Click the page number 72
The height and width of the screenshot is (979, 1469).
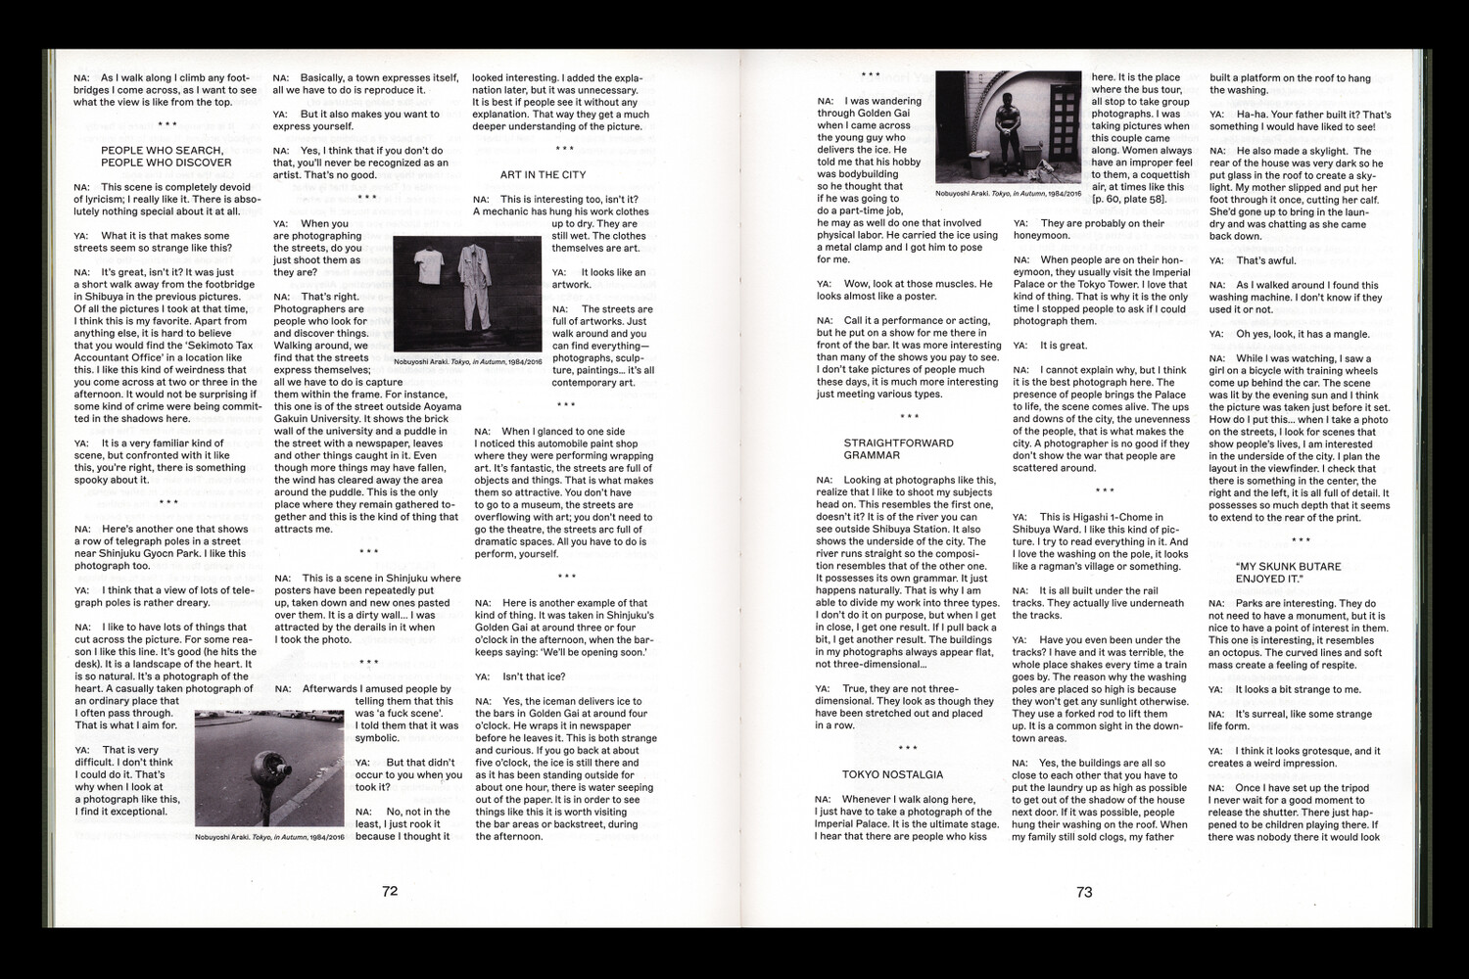[x=390, y=891]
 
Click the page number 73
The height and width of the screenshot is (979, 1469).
[x=1084, y=892]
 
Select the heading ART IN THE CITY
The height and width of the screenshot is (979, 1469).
[x=543, y=175]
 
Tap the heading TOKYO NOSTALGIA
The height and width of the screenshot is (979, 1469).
[x=892, y=774]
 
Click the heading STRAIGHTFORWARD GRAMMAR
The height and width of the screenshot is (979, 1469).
[x=898, y=449]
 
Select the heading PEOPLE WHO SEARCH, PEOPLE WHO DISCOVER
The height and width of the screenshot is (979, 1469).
[x=166, y=157]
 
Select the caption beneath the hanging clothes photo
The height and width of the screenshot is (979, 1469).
[x=467, y=361]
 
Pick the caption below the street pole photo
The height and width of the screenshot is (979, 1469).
[x=269, y=838]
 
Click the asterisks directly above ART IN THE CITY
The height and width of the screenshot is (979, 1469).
[x=565, y=149]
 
